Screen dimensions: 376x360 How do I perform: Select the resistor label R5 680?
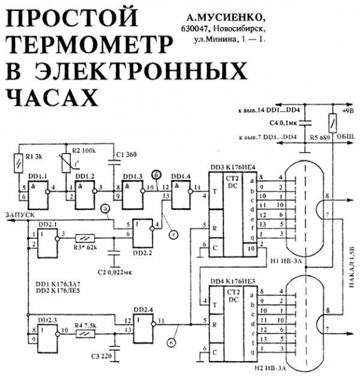coord(322,135)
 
